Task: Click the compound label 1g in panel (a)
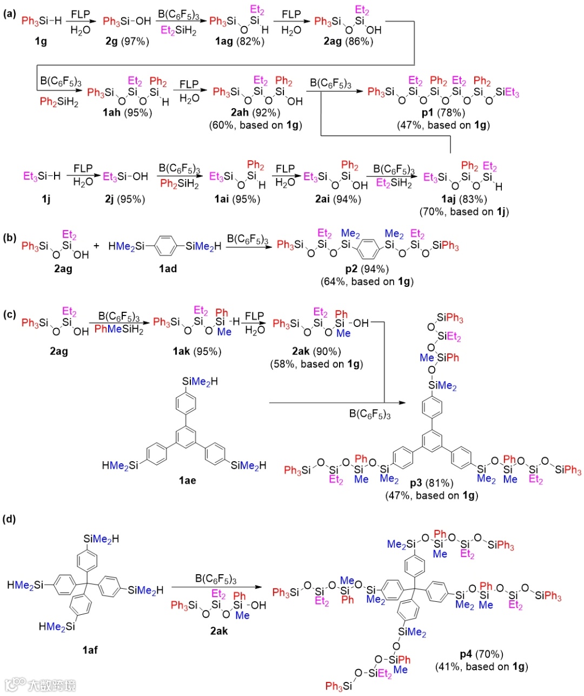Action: tap(41, 42)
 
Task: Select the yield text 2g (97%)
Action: tap(127, 42)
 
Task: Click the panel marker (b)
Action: tap(10, 238)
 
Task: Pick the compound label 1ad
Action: tap(168, 268)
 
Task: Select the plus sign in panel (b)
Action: tap(97, 246)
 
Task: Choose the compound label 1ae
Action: tap(187, 481)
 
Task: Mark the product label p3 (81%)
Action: tap(432, 483)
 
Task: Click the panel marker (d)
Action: tap(10, 519)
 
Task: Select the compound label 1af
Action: tap(90, 649)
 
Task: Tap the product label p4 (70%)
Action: tap(481, 654)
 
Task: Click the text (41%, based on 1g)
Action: tap(481, 667)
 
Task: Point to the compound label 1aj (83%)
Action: tap(463, 199)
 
